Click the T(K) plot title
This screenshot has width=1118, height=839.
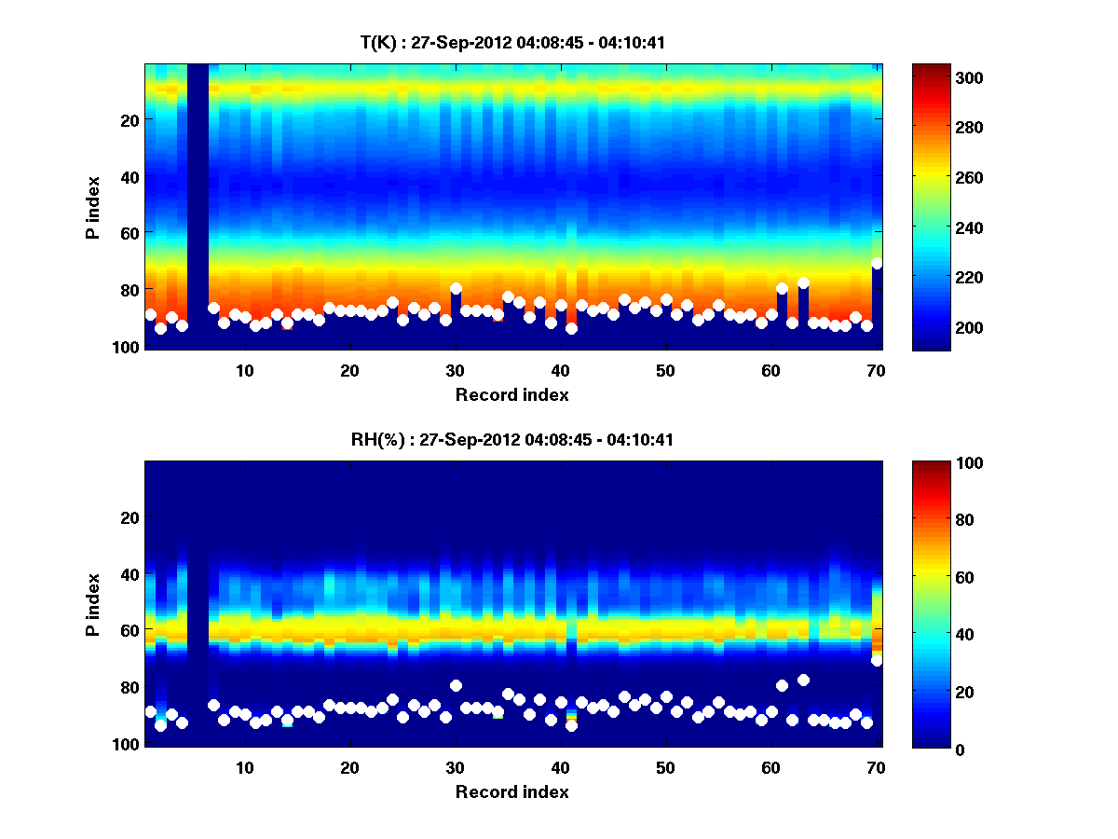click(511, 42)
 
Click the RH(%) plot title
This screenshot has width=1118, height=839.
click(511, 440)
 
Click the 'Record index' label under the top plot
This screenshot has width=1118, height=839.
click(511, 394)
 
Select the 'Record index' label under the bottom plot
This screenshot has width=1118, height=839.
click(511, 792)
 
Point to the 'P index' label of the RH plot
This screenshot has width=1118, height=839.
click(93, 605)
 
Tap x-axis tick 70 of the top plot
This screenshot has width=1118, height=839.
click(876, 370)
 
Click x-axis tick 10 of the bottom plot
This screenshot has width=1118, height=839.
click(245, 768)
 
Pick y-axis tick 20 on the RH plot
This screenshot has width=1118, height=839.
click(130, 517)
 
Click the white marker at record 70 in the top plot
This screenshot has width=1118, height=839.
click(877, 264)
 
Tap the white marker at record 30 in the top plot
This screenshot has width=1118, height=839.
click(456, 289)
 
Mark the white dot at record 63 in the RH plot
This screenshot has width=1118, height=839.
click(803, 680)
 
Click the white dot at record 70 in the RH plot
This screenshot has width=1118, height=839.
click(877, 661)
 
